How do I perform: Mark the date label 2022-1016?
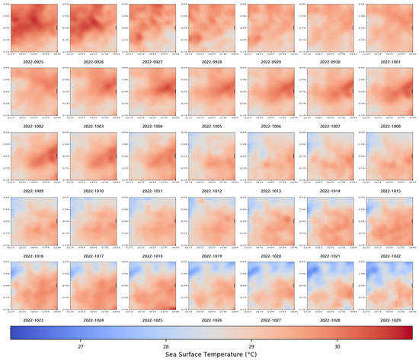pyautogui.click(x=33, y=252)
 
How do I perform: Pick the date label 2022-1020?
pyautogui.click(x=270, y=252)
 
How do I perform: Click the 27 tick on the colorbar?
pyautogui.click(x=81, y=345)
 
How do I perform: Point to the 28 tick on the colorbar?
pyautogui.click(x=166, y=345)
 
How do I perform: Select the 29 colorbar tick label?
pyautogui.click(x=251, y=345)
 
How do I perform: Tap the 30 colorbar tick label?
pyautogui.click(x=337, y=345)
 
